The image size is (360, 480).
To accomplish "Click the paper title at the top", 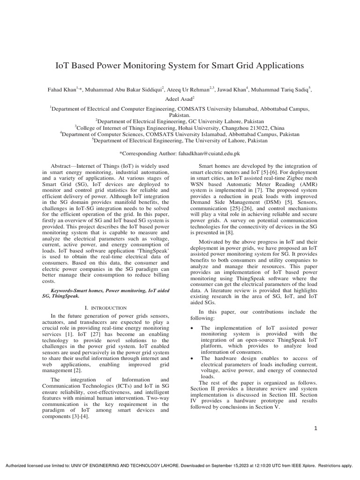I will coord(180,66).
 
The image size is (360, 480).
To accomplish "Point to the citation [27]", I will coord(80,330).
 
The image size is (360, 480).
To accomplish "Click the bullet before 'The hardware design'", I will coord(193,358).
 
